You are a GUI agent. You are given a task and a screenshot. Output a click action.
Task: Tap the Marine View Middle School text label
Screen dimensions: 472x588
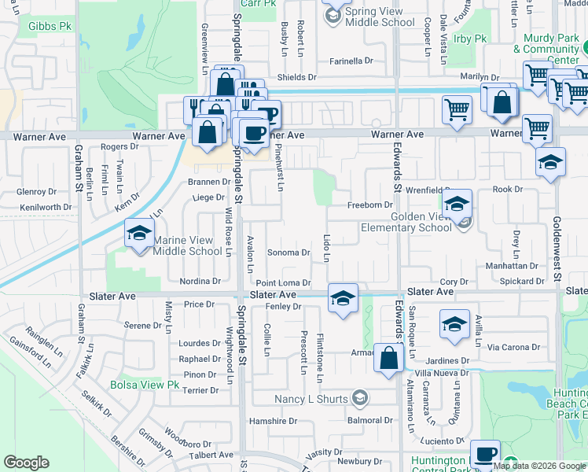click(x=187, y=245)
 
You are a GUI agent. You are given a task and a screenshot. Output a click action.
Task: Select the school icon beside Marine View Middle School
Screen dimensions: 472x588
click(x=139, y=234)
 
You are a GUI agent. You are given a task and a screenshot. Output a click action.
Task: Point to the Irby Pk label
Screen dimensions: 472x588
click(x=471, y=39)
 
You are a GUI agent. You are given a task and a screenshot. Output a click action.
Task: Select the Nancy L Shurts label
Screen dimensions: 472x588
click(x=311, y=399)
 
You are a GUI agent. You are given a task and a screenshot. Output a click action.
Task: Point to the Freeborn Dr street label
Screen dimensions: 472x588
click(x=369, y=205)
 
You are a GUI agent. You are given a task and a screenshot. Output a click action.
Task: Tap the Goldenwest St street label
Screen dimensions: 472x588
click(x=556, y=249)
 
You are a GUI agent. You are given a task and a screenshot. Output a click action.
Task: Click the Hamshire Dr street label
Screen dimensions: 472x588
click(x=271, y=421)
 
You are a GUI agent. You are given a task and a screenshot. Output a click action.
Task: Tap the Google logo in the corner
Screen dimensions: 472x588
click(x=27, y=463)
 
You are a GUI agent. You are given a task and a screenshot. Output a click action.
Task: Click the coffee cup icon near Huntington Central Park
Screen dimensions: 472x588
click(x=485, y=455)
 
